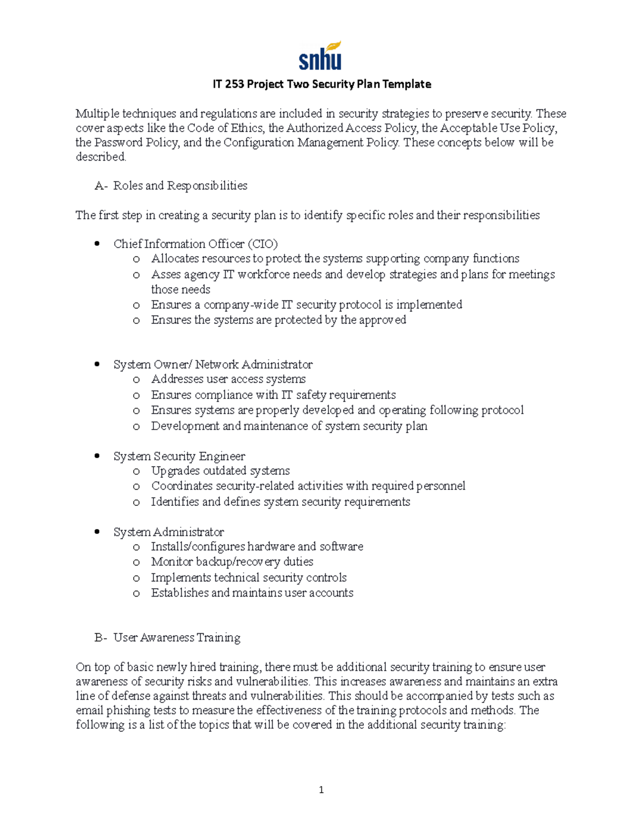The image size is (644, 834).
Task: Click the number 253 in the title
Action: point(235,84)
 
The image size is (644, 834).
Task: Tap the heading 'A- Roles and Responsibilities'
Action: point(171,186)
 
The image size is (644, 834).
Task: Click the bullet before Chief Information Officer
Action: point(97,244)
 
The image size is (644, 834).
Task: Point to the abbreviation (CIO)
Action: point(262,244)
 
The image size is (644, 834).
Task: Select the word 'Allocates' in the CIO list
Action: point(173,259)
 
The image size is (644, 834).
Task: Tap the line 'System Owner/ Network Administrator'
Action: point(213,365)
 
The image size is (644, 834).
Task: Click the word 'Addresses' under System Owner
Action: point(176,379)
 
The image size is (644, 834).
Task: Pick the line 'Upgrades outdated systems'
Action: point(220,471)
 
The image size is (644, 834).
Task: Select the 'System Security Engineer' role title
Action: point(179,456)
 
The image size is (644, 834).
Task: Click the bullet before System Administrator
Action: point(97,532)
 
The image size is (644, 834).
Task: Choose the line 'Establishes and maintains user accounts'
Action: point(252,593)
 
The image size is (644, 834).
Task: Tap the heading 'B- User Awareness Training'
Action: point(167,637)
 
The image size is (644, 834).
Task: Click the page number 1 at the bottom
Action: point(321,789)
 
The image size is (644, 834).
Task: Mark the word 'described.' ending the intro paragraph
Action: point(101,157)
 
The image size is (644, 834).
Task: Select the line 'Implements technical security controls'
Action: point(248,578)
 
